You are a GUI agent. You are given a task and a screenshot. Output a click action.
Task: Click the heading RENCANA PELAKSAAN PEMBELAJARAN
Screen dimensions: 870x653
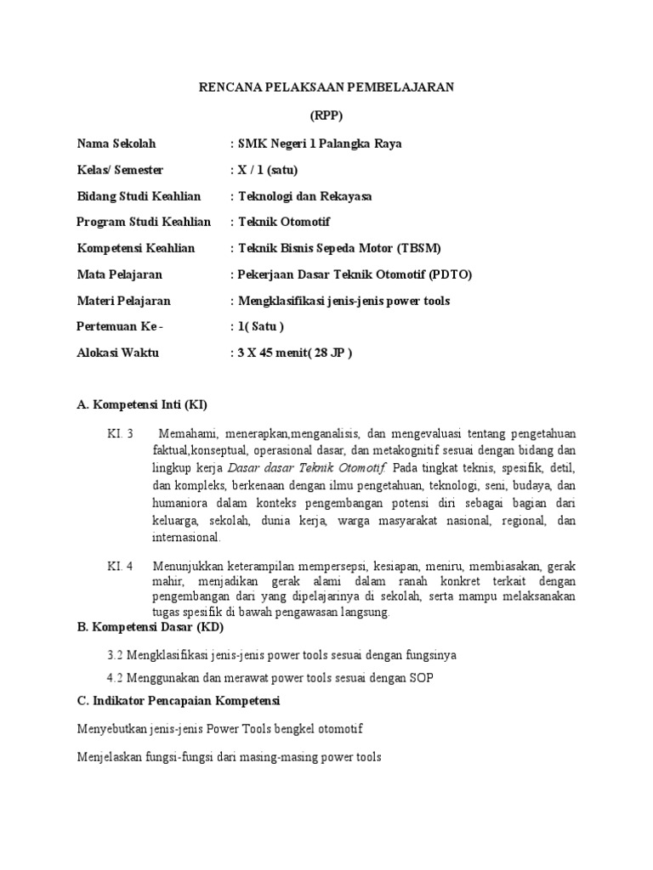[x=326, y=87]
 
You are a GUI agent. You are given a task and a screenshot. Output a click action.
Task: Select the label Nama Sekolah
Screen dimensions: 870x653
[x=116, y=144]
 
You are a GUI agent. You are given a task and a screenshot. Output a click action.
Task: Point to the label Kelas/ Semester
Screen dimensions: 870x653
[x=120, y=170]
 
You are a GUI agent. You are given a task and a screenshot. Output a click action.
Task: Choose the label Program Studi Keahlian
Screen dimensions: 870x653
[x=144, y=222]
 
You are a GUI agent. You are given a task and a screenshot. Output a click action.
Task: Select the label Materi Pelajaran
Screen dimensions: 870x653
[x=123, y=301]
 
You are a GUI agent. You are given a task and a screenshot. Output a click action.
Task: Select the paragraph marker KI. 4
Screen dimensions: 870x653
[x=120, y=565]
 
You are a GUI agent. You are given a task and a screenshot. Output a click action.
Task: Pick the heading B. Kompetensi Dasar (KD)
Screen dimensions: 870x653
[x=145, y=628]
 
